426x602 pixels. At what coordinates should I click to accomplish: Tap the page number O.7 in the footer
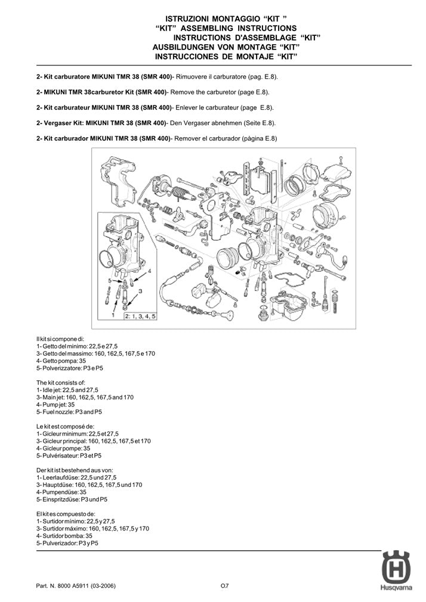coord(224,586)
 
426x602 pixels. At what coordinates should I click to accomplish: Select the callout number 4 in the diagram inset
coord(149,269)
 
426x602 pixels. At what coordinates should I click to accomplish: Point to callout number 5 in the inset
coord(110,280)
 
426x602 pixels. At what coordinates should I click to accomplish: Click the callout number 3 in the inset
coord(140,290)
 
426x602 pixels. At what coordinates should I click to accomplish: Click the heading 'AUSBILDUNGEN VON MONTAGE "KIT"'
coord(226,46)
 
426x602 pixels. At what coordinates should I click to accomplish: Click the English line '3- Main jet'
coord(95,396)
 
